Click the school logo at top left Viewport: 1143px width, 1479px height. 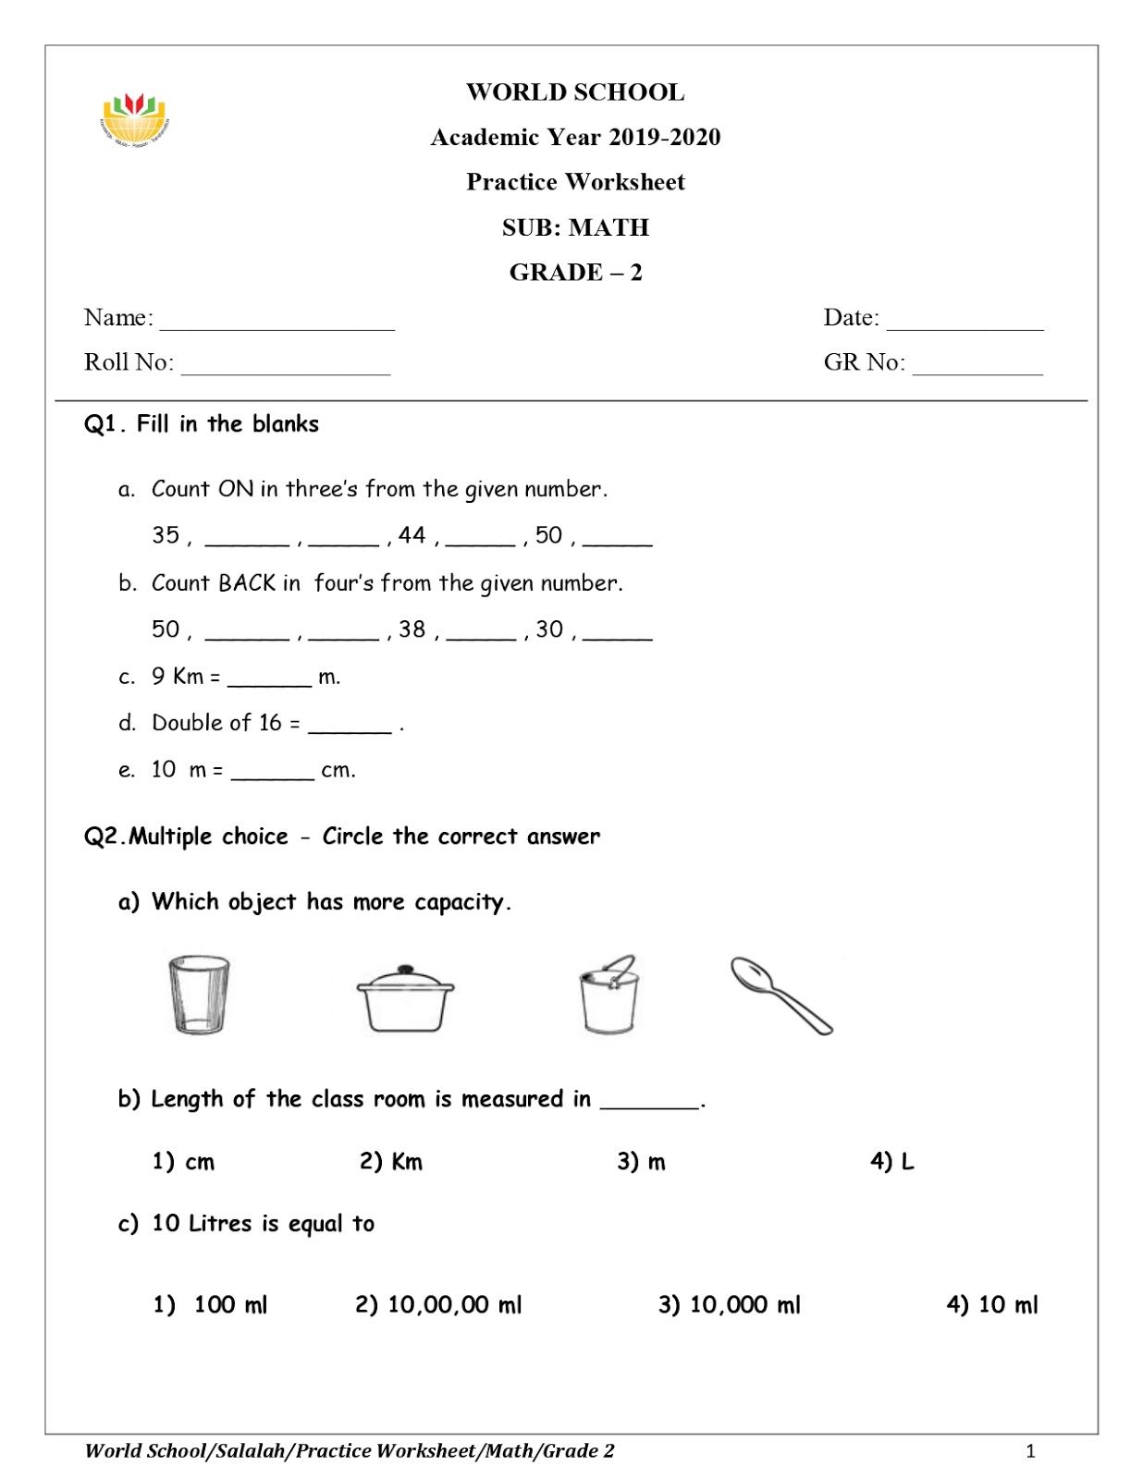coord(135,119)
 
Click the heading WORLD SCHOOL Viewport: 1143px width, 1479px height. coord(575,92)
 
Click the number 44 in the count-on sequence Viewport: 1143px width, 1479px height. coord(412,535)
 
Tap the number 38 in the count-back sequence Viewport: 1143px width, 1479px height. coord(412,629)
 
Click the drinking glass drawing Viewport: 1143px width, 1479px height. coord(199,995)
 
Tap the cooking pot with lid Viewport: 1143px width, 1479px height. coord(405,998)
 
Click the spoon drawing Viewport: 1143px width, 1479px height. coord(781,995)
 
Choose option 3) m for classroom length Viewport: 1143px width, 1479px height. coord(641,1162)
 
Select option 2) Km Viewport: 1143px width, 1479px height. coord(390,1162)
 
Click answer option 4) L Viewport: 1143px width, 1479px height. coord(891,1162)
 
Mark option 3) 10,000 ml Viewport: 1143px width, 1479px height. coord(729,1305)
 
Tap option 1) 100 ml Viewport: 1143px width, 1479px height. coord(210,1305)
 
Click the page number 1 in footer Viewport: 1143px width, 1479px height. coord(1030,1451)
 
